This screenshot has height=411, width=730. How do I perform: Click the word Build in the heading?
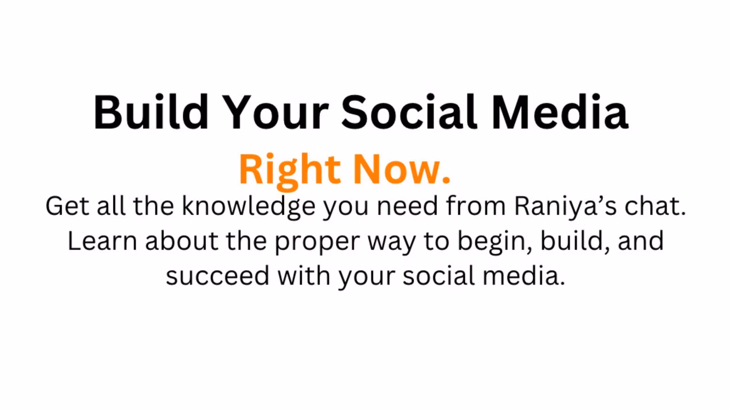(x=151, y=112)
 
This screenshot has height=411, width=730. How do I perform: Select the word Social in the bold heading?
(x=409, y=112)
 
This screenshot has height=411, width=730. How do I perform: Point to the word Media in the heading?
(x=560, y=112)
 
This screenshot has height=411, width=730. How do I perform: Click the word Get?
(x=67, y=206)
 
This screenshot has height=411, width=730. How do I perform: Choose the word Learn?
(x=102, y=241)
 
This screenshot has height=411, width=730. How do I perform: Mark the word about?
(x=182, y=241)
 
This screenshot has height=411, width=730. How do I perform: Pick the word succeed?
(x=217, y=276)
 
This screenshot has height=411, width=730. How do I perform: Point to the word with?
(x=304, y=275)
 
